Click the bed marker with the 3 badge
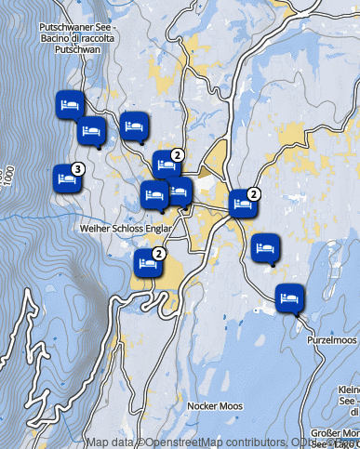[66, 178]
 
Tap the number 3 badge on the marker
[78, 168]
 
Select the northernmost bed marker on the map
[70, 103]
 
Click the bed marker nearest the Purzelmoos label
[290, 297]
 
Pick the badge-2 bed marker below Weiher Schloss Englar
[148, 263]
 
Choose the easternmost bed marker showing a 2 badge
[244, 203]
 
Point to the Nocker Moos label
[214, 406]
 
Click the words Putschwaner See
[78, 28]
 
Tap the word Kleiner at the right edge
[348, 389]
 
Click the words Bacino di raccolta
[78, 39]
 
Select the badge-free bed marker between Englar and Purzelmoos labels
[264, 247]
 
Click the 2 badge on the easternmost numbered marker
[255, 193]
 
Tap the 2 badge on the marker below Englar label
[159, 253]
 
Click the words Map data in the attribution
[110, 442]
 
